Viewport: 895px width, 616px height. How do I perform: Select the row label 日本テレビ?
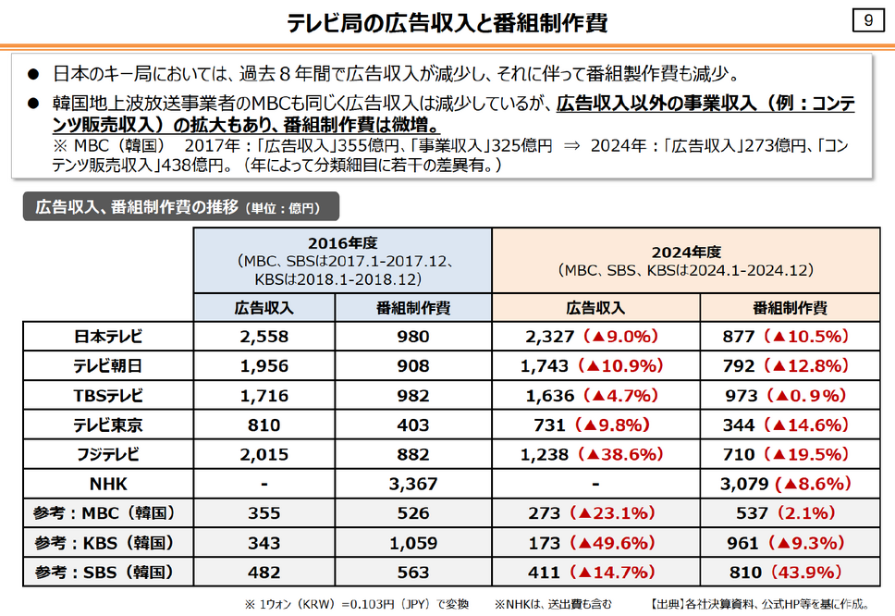pos(108,337)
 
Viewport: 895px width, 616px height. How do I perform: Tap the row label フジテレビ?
pos(108,454)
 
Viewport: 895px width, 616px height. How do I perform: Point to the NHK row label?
pos(108,484)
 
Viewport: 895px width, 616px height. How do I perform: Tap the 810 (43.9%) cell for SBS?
pos(785,572)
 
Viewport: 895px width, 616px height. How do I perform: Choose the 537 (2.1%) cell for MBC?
pos(785,512)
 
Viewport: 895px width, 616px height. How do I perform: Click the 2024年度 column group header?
pos(684,260)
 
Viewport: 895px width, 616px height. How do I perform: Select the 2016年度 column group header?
pos(343,260)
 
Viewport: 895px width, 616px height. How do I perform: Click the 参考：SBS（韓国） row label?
pos(108,572)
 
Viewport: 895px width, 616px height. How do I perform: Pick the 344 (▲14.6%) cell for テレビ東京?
pos(785,425)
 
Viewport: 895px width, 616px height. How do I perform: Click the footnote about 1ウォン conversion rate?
pos(356,604)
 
